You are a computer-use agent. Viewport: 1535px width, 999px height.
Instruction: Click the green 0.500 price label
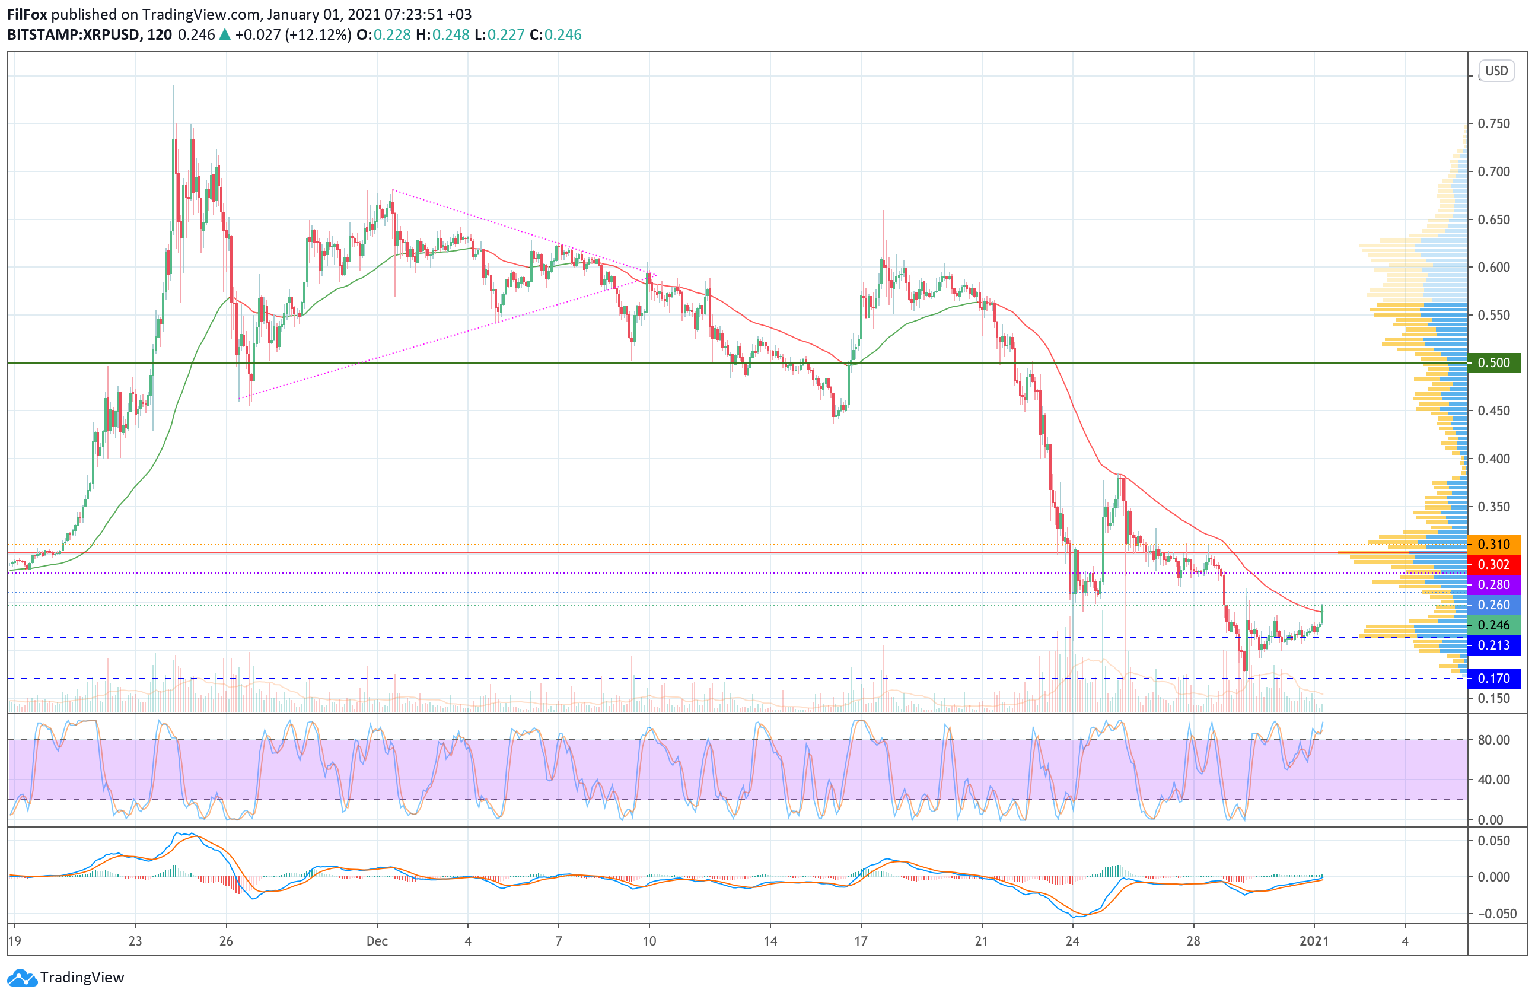click(1493, 362)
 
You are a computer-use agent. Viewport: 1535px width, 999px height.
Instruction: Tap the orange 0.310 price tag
click(1493, 545)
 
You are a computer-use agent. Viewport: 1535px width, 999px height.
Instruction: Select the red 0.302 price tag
click(1493, 564)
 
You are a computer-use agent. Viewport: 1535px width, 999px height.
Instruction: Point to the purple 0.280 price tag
click(1493, 584)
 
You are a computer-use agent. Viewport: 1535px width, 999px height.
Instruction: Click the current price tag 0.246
click(1493, 625)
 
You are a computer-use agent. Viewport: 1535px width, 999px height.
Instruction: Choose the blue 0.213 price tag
click(1493, 645)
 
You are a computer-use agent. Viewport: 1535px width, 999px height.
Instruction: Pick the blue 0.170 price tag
click(1493, 679)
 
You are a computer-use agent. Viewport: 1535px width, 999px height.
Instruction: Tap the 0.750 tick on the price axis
click(1493, 124)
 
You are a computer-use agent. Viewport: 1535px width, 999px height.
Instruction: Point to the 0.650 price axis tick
click(1493, 220)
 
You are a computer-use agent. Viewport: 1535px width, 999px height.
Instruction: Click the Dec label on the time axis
click(377, 941)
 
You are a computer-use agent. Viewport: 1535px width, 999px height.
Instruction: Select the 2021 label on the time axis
click(1314, 941)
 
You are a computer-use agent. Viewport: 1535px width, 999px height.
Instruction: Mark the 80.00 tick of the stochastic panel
click(1493, 740)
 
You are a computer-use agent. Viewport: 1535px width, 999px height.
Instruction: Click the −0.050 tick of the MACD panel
click(1491, 913)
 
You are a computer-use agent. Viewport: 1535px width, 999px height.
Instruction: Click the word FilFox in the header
click(27, 14)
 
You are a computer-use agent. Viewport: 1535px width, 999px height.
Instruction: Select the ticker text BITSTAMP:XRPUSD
click(73, 35)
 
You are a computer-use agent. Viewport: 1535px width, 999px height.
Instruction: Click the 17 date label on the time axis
click(861, 941)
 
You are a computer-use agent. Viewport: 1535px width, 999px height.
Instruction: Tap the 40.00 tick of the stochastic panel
click(1493, 780)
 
